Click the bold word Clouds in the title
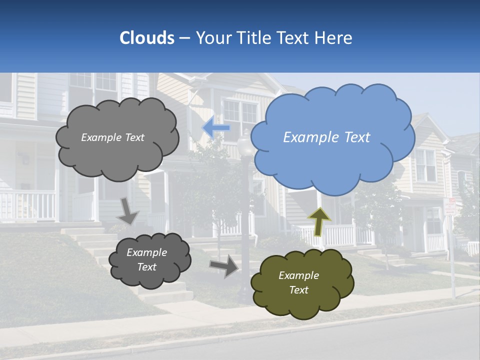click(147, 38)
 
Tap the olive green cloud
click(302, 300)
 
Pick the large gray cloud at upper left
click(117, 155)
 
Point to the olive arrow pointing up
click(319, 220)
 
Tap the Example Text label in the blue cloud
click(326, 137)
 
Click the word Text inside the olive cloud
click(298, 290)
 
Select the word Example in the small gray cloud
click(147, 252)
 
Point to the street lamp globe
click(245, 145)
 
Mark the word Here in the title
click(335, 38)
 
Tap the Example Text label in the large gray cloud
click(113, 137)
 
